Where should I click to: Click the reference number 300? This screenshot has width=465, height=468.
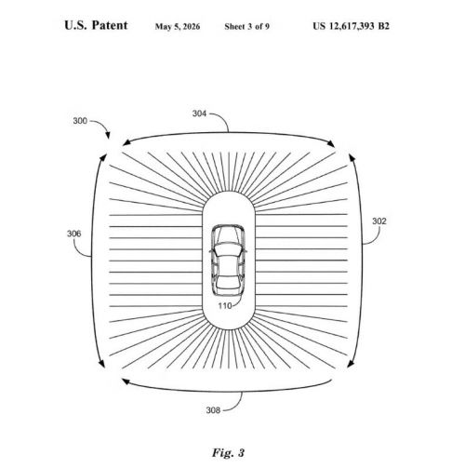(x=80, y=121)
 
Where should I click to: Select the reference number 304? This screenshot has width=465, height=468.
(x=199, y=114)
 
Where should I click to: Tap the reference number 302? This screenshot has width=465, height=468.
(x=379, y=221)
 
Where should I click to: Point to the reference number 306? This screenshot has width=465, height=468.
(x=74, y=234)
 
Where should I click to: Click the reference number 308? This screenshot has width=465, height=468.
(x=213, y=410)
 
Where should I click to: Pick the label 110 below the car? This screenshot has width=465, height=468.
(x=225, y=306)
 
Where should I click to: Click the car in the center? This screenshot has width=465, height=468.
(x=229, y=261)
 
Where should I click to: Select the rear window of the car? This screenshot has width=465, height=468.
(x=229, y=283)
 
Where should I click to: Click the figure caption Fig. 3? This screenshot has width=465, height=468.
(x=229, y=452)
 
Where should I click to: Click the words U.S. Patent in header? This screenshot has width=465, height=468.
(x=96, y=25)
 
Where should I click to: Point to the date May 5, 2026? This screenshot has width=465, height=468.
(x=178, y=27)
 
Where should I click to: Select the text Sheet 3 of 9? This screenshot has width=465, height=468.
(x=247, y=27)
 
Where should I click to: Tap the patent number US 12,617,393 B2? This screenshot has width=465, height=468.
(x=351, y=26)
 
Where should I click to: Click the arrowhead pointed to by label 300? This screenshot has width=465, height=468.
(x=108, y=136)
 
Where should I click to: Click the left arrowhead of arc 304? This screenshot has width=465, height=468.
(x=126, y=142)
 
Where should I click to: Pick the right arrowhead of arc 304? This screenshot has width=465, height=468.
(x=331, y=143)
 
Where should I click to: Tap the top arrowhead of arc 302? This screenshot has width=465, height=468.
(x=352, y=157)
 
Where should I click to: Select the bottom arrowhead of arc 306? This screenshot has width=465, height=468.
(x=101, y=364)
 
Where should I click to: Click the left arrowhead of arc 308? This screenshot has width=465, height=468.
(x=126, y=381)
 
